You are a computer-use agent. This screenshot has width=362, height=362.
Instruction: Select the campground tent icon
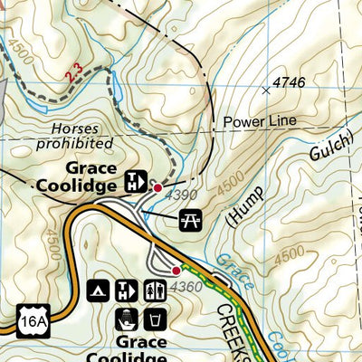coord(98,291)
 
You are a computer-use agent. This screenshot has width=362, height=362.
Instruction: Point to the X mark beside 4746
coord(266,90)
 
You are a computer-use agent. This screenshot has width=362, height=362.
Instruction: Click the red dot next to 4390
coord(158,187)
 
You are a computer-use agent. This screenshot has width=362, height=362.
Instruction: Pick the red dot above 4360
coord(176,269)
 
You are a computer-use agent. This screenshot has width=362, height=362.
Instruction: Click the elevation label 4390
coord(180,195)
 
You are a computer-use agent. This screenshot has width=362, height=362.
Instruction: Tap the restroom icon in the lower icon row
coord(156,291)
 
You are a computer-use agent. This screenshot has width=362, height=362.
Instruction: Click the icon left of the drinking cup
coord(127,319)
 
